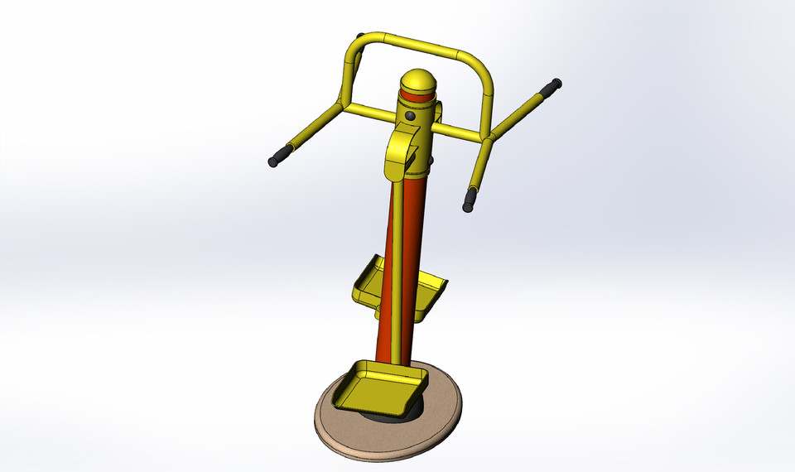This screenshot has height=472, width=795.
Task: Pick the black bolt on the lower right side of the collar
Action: (x=430, y=159)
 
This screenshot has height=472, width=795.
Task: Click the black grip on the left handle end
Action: (x=282, y=157)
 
